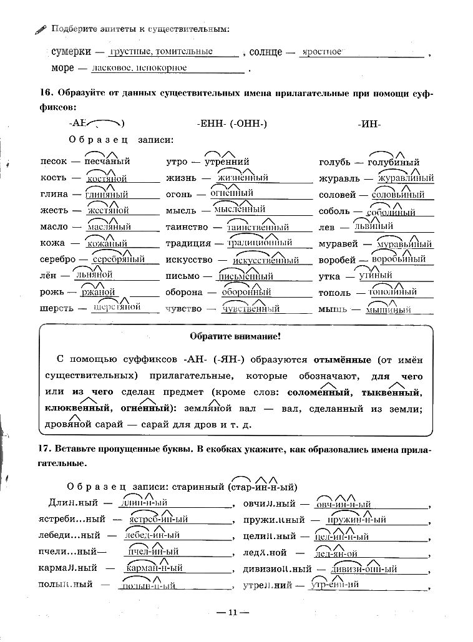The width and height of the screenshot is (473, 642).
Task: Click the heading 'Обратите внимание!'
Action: [235, 337]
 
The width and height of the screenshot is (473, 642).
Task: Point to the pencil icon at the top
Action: [41, 29]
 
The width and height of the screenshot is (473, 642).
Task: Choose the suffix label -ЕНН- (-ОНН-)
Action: [232, 124]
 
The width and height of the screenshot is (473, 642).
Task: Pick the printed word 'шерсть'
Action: [56, 308]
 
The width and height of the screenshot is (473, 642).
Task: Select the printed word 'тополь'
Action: [334, 292]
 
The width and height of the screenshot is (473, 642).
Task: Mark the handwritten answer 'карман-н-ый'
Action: [154, 568]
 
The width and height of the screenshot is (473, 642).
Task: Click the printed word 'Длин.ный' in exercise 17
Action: [70, 503]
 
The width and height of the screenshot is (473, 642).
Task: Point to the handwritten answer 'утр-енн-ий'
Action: [336, 585]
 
